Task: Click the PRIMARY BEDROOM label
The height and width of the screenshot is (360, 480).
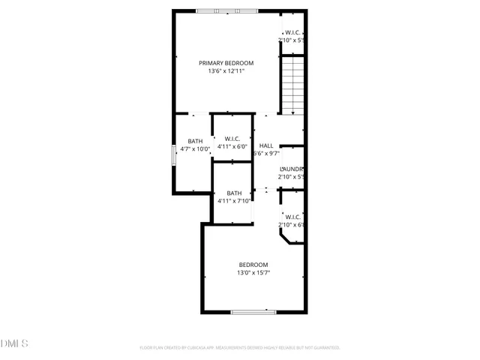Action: tap(226, 63)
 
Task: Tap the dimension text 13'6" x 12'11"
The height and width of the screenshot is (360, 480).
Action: tap(226, 72)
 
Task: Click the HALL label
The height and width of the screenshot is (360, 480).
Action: tap(265, 145)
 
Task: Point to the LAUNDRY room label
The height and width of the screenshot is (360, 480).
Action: tap(291, 169)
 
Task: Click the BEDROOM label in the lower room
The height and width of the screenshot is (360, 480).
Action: tap(253, 265)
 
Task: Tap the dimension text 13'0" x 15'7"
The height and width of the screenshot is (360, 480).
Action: tap(253, 274)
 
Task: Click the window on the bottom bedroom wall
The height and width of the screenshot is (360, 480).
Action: tap(253, 312)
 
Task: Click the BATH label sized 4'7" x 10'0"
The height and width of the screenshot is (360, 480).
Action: tap(195, 141)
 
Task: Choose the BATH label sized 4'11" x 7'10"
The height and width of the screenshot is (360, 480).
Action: tap(235, 193)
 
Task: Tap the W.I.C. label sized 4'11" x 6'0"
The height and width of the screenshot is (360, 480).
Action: tap(232, 138)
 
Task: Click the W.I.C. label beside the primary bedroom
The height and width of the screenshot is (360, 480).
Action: tap(292, 32)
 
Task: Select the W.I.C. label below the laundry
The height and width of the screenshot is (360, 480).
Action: tap(292, 217)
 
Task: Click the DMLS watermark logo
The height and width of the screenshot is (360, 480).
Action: tap(15, 344)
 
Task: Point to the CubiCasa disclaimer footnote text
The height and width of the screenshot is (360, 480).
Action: tap(240, 348)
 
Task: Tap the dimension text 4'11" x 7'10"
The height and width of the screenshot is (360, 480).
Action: tap(235, 201)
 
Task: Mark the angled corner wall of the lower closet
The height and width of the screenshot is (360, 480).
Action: tap(285, 237)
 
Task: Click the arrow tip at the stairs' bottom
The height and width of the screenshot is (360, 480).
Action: tap(292, 112)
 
